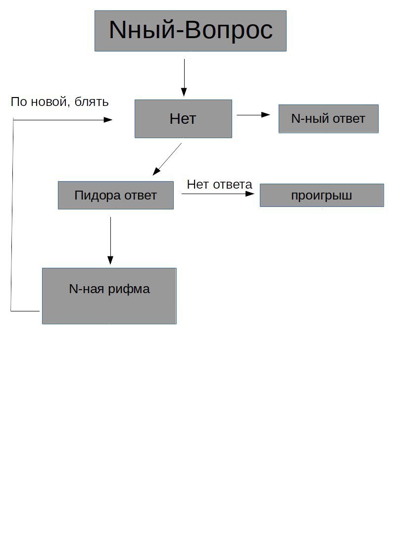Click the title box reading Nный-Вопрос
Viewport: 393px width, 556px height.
click(190, 31)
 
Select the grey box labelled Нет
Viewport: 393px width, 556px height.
click(183, 119)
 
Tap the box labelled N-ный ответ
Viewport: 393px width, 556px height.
click(329, 119)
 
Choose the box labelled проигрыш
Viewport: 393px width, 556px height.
click(322, 196)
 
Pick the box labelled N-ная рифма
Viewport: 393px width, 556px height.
click(109, 296)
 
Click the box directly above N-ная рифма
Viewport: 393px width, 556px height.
click(116, 196)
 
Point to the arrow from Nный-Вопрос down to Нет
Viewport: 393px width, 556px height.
click(184, 78)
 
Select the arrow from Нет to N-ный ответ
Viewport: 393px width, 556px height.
click(253, 114)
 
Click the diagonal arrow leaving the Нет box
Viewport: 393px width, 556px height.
click(167, 159)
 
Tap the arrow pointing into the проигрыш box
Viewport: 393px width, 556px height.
click(218, 194)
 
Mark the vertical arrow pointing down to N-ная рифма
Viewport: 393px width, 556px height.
click(110, 241)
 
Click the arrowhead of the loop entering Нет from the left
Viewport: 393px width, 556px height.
click(108, 120)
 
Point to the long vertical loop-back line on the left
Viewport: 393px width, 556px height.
click(12, 215)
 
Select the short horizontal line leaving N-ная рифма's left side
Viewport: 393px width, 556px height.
click(25, 311)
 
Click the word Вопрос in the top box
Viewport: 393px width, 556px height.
click(229, 30)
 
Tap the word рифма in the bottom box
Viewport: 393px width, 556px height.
click(129, 289)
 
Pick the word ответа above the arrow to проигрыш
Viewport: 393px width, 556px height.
click(233, 184)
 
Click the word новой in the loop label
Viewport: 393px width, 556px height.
click(48, 102)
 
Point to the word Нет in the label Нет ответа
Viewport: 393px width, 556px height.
click(198, 184)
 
